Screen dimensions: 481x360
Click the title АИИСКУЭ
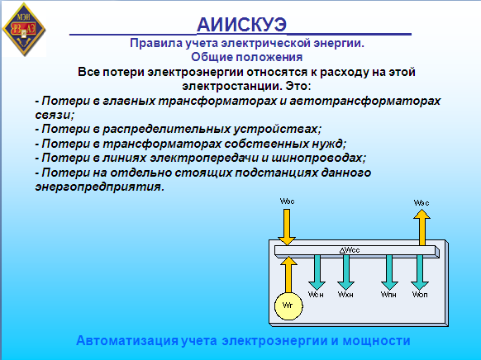pyautogui.click(x=241, y=25)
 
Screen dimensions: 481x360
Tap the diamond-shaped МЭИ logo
pyautogui.click(x=24, y=30)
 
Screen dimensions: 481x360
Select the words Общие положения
pyautogui.click(x=247, y=57)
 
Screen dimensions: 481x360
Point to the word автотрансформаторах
pyautogui.click(x=365, y=101)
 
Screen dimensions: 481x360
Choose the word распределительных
pyautogui.click(x=167, y=130)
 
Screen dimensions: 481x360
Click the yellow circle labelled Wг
pyautogui.click(x=288, y=306)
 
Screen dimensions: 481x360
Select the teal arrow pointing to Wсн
pyautogui.click(x=317, y=272)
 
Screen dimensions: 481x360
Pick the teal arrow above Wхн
pyautogui.click(x=345, y=272)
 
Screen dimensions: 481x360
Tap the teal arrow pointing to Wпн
pyautogui.click(x=389, y=272)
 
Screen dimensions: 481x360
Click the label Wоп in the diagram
pyautogui.click(x=420, y=295)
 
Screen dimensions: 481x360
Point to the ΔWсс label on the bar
pyautogui.click(x=350, y=250)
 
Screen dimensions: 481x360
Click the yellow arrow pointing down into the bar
pyautogui.click(x=287, y=227)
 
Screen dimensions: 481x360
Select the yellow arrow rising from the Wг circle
pyautogui.click(x=288, y=274)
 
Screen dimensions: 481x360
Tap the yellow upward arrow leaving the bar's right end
pyautogui.click(x=421, y=227)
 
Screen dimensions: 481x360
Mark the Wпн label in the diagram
pyautogui.click(x=388, y=295)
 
